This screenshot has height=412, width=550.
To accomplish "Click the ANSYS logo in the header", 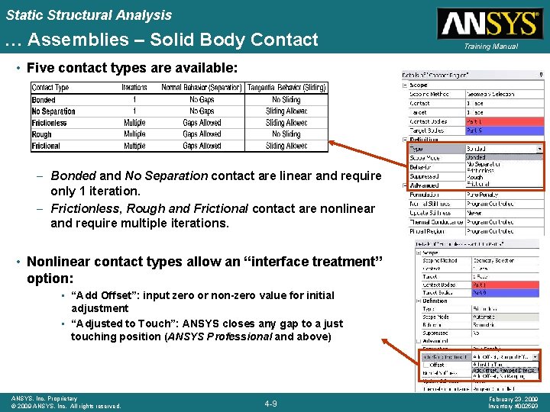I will click(489, 24).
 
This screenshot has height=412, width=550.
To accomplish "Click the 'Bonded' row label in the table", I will click(44, 100).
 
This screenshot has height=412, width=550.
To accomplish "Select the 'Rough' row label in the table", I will click(42, 134).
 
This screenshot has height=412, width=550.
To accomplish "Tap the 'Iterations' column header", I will click(134, 88).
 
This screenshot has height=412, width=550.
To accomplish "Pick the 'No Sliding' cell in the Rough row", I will click(286, 134).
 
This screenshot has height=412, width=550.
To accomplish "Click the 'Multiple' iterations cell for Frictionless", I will click(134, 123).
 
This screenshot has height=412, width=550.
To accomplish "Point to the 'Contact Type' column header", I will click(50, 88).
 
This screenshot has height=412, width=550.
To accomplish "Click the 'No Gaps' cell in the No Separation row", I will click(202, 111).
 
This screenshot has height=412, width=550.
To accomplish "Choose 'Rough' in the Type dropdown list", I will click(476, 177).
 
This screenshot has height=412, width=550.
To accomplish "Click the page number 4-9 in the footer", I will click(270, 403).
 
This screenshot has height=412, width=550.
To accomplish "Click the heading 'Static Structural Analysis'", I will click(89, 14).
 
